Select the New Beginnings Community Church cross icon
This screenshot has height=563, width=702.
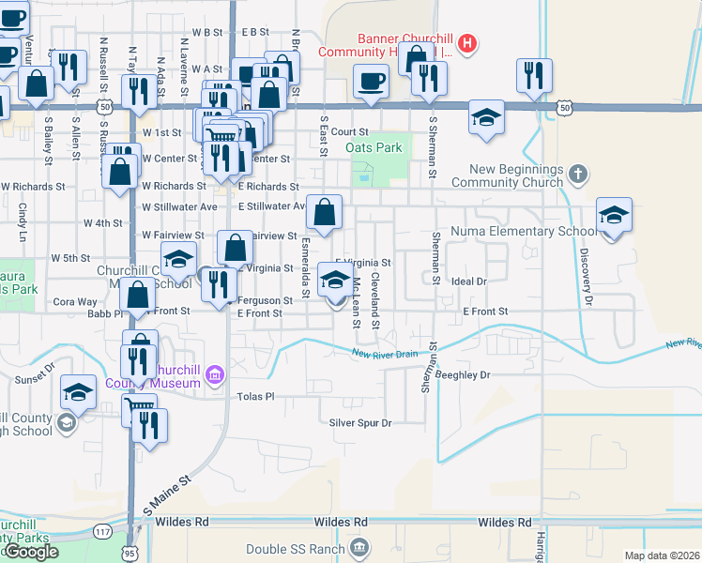pos(579,174)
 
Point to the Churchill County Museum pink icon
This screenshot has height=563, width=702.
pos(215,375)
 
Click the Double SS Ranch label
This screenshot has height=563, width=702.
pos(295,548)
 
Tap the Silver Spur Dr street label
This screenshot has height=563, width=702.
pos(359,422)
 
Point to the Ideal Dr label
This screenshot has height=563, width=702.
pos(469,281)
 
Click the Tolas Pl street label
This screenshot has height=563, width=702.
pos(254,396)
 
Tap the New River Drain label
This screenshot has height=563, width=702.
pos(385,354)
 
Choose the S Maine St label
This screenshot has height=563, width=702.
pos(168,494)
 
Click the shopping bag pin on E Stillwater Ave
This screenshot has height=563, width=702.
pos(324,213)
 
